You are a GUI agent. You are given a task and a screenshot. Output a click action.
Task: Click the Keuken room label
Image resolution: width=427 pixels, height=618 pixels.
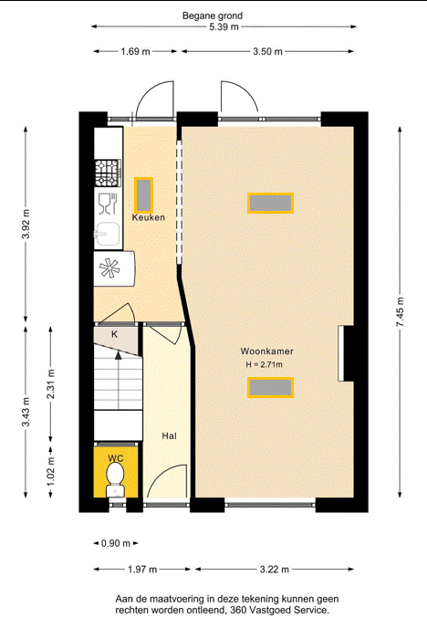tap(149, 217)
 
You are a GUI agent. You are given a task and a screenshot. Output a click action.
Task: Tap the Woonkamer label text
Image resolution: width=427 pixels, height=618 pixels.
tap(266, 351)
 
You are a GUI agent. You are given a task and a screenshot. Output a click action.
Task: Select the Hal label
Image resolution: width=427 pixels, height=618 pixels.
tap(169, 435)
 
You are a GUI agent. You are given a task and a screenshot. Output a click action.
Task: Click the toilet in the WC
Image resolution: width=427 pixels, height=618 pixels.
tap(115, 479)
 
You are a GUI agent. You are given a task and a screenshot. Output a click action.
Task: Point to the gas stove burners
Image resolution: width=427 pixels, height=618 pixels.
tap(107, 173)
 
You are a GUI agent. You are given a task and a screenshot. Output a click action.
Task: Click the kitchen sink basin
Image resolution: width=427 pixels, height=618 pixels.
tap(107, 234)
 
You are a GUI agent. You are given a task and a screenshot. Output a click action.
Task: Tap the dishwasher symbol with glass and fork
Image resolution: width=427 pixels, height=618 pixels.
tap(108, 204)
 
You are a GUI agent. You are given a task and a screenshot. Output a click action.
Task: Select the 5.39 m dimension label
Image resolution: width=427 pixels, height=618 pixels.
tap(224, 26)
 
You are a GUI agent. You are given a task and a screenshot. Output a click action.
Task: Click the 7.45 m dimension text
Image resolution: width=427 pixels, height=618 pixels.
tap(401, 311)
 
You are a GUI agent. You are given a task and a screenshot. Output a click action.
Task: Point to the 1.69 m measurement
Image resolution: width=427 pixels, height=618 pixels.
tap(135, 51)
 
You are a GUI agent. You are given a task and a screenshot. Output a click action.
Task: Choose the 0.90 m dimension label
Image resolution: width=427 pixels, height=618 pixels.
tap(115, 543)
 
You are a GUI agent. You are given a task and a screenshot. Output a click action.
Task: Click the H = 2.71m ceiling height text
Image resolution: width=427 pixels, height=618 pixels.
tap(264, 364)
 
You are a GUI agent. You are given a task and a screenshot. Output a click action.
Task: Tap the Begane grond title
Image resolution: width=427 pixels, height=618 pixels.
tap(213, 16)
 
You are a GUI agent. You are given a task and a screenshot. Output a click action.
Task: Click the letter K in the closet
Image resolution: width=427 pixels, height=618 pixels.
tap(115, 334)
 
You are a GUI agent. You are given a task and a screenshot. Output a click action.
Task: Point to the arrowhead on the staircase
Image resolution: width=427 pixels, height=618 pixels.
tap(119, 355)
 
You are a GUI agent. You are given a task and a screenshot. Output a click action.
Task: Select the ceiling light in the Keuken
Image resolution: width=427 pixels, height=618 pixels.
tap(143, 195)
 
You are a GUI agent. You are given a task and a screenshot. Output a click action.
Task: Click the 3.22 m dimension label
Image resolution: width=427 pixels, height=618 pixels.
tap(274, 569)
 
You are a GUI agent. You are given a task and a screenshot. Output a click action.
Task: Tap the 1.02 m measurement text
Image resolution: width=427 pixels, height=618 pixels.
tap(51, 471)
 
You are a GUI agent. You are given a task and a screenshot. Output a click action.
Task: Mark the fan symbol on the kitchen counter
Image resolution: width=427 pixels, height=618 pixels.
tap(109, 268)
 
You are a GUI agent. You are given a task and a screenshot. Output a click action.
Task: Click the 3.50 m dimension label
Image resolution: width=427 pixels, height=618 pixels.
tap(267, 51)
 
